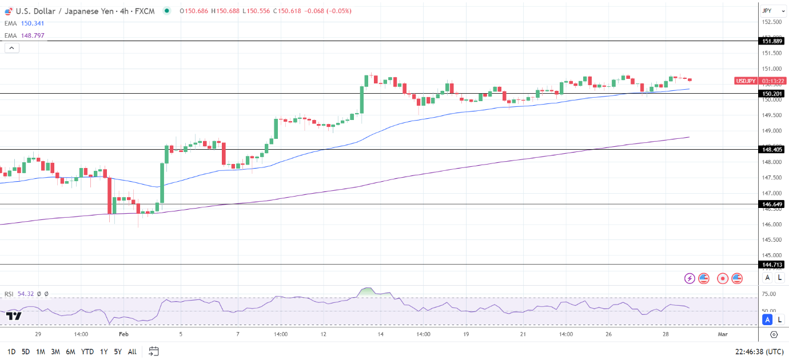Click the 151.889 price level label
772,41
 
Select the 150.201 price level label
772,93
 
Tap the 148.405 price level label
772,149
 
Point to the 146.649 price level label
772,204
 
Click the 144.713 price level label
772,265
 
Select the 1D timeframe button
11,351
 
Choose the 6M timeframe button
70,351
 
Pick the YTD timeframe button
87,351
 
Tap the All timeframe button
132,351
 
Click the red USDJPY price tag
746,81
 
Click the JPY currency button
767,11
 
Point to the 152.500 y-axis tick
772,22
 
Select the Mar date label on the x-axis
722,334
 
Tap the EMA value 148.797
32,35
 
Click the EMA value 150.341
32,23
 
